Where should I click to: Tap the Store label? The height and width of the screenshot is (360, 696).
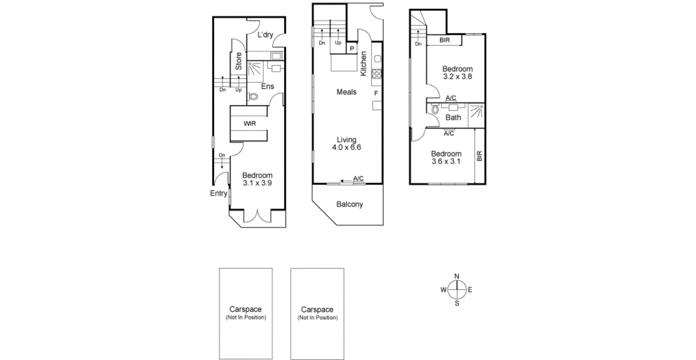point(239,61)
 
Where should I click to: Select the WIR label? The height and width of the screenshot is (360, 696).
point(250,123)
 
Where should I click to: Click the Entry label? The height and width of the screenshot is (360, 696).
point(219,193)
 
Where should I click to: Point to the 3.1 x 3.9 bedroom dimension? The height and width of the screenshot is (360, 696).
point(257,183)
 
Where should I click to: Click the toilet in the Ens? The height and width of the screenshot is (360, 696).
point(253,96)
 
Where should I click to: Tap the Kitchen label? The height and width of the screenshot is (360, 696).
point(364,63)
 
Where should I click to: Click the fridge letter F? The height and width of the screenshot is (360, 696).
point(376,93)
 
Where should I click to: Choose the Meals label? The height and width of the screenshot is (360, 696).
point(346,92)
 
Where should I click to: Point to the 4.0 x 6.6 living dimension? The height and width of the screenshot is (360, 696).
point(346,147)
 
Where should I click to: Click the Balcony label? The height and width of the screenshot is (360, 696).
point(350,204)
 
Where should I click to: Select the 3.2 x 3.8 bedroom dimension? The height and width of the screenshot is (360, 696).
point(458,76)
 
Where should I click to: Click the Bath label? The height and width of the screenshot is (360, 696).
point(453,118)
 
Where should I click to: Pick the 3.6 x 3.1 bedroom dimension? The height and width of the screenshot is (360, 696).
point(445,162)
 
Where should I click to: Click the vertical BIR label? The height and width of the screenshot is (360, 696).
point(479,156)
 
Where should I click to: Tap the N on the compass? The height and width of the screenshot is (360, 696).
point(457,276)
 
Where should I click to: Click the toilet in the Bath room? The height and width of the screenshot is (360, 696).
point(435,109)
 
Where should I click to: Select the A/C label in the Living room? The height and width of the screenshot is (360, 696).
point(358,179)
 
